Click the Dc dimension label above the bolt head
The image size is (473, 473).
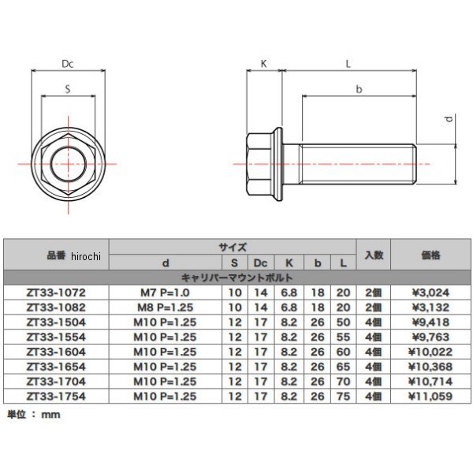(x=68, y=64)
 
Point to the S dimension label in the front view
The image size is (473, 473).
(x=68, y=89)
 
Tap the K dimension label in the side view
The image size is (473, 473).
(x=263, y=64)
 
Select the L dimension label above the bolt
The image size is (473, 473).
(x=348, y=64)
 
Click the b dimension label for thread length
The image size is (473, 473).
(x=359, y=89)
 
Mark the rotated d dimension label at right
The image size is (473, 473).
(x=449, y=118)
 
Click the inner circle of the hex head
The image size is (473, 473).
(x=69, y=164)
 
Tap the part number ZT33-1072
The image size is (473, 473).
(x=56, y=292)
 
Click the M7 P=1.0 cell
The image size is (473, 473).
(x=165, y=292)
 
